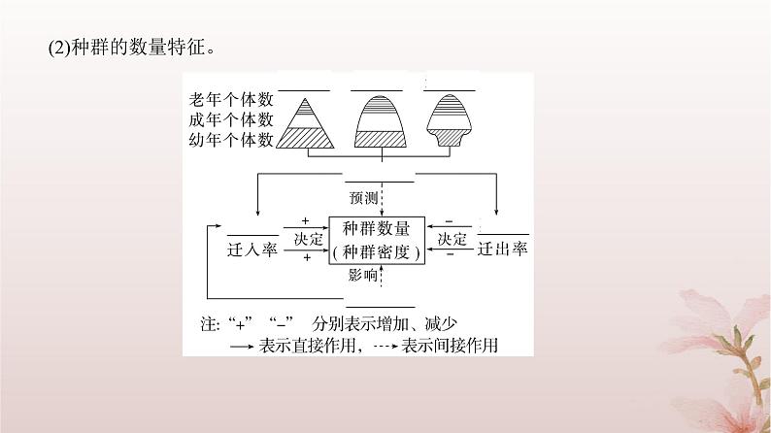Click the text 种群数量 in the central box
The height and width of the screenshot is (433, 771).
377,230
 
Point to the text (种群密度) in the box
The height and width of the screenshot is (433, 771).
377,251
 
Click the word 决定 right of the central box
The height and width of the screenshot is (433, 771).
453,239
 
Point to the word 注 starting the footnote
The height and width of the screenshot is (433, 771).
208,322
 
